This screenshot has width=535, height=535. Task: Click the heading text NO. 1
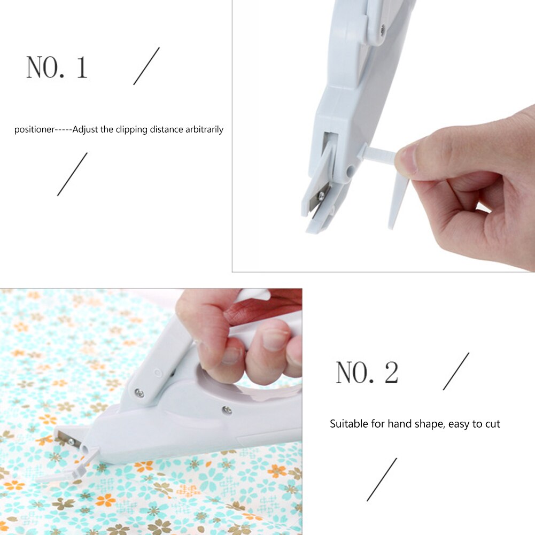[x=57, y=68]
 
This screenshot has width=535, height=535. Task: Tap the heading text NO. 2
[x=367, y=373]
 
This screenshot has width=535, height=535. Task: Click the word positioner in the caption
[x=34, y=129]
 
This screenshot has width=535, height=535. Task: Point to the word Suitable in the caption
[x=347, y=424]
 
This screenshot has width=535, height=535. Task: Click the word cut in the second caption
[x=492, y=424]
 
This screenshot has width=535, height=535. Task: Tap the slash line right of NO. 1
[x=146, y=66]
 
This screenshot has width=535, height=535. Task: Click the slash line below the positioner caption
[x=72, y=174]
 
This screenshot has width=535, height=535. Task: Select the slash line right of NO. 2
[x=456, y=371]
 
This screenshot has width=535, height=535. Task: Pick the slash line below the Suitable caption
[x=382, y=479]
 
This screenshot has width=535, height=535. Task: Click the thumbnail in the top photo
[x=408, y=159]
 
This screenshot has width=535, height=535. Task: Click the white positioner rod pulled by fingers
[x=379, y=156]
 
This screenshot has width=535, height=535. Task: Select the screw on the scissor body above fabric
[x=226, y=409]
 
